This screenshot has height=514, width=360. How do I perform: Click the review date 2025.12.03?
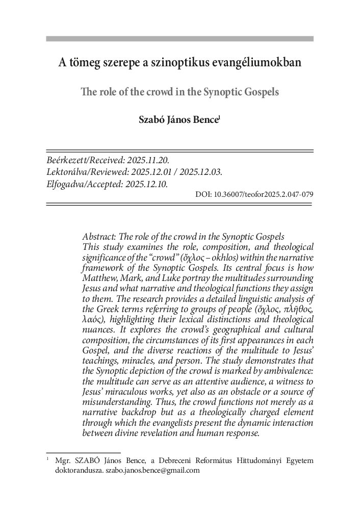coord(199,172)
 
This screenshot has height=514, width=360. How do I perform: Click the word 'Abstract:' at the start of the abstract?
coord(99,238)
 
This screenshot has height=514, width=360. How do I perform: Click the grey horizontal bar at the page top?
coord(179,39)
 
